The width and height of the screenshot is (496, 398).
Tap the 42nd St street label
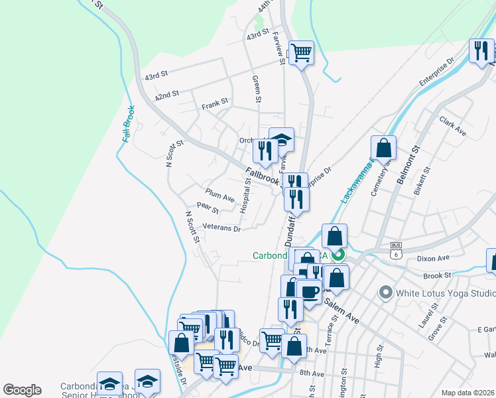(x=167, y=95)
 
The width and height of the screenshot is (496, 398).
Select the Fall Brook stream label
(x=128, y=123)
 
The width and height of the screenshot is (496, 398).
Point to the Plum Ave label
(x=219, y=196)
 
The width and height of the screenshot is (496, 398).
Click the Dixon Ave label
(x=434, y=257)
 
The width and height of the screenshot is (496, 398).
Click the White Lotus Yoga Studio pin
(x=385, y=293)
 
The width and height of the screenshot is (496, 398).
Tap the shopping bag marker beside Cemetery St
(x=383, y=148)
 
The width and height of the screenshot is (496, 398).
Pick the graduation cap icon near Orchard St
(x=281, y=141)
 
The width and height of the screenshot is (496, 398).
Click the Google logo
(x=22, y=390)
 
